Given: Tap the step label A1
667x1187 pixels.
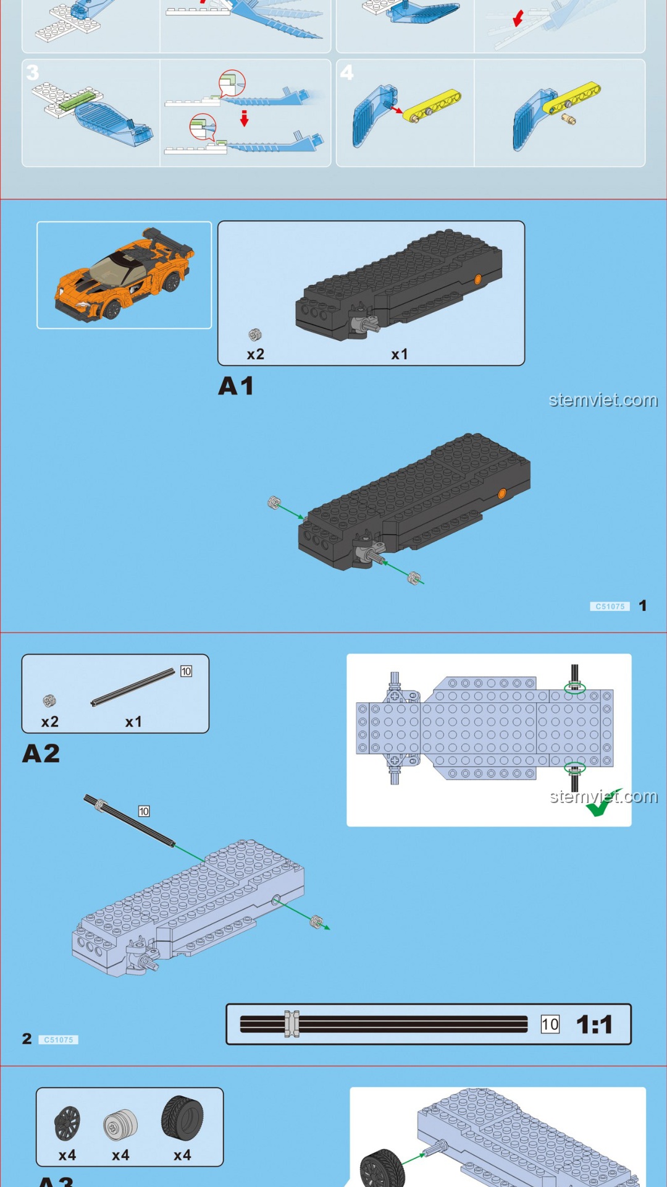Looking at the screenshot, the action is [236, 386].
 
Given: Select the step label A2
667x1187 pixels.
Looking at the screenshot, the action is [41, 754].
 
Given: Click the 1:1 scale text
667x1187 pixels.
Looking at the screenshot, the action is [594, 1024].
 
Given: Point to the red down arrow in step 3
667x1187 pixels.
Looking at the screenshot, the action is [245, 118].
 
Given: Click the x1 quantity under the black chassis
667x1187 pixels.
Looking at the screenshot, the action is [400, 354].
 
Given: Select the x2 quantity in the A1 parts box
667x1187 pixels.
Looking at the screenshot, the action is [256, 354].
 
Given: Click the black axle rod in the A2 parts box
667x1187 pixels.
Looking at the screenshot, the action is [133, 687].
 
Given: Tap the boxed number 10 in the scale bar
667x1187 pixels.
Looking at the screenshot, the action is [550, 1024].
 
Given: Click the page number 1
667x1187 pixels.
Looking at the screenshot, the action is [643, 606].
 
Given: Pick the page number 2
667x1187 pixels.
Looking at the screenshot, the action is [27, 1039].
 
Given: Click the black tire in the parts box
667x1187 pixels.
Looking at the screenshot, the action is [182, 1118].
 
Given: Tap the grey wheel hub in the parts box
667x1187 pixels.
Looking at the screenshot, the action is [120, 1125].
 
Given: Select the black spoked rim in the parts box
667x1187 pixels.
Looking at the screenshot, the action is [67, 1123].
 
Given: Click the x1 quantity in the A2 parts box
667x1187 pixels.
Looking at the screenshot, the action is [133, 721].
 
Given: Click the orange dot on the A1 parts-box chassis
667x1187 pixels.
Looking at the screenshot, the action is [477, 279].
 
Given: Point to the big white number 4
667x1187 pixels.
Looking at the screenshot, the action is [347, 72].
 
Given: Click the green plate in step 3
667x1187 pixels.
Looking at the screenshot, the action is [80, 100].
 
